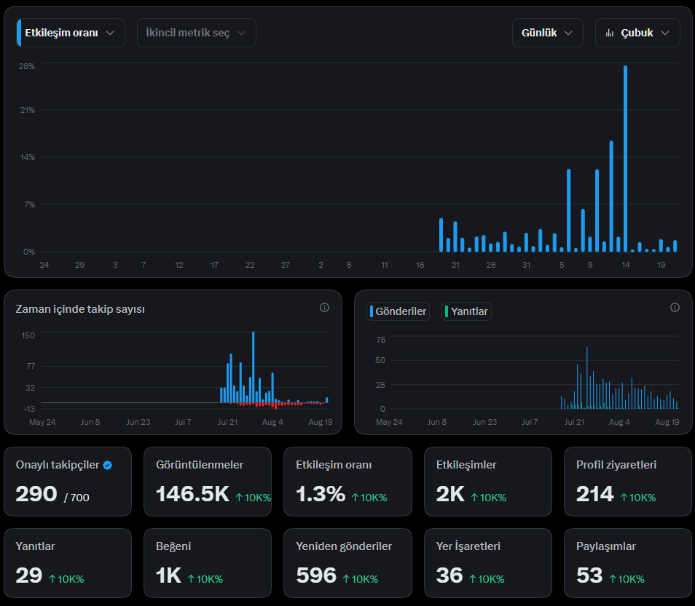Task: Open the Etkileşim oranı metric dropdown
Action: click(71, 33)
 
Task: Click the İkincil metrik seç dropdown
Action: click(197, 33)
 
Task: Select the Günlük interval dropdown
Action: click(547, 33)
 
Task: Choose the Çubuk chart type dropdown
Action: click(637, 33)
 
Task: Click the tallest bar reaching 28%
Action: click(625, 159)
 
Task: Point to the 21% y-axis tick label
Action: click(28, 110)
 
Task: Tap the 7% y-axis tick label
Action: click(29, 204)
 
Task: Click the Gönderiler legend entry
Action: click(398, 311)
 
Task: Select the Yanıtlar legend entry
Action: click(466, 311)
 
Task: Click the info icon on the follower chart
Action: click(324, 308)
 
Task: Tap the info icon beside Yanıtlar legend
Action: click(675, 308)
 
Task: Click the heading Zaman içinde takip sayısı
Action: click(80, 309)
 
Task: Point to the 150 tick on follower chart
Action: click(28, 335)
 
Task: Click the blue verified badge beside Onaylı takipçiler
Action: click(108, 466)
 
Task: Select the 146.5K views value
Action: click(192, 494)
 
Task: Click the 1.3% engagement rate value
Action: click(321, 494)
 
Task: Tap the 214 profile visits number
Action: click(594, 494)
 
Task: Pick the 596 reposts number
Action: click(316, 575)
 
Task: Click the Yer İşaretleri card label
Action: click(468, 546)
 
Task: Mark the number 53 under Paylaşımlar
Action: click(589, 575)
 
